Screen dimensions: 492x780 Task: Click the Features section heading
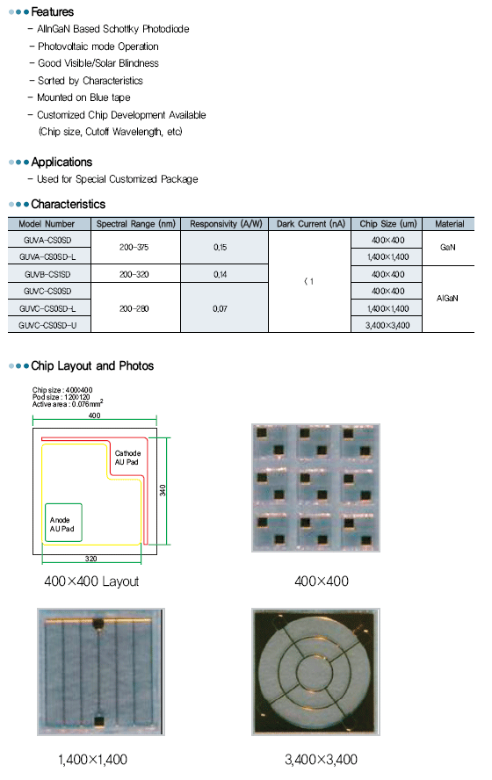[x=52, y=11]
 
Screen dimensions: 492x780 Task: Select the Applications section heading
[x=61, y=162]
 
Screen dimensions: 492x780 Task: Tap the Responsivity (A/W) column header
[x=226, y=224]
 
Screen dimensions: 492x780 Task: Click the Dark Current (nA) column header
[x=310, y=224]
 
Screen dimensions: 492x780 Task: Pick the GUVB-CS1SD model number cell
[x=47, y=274]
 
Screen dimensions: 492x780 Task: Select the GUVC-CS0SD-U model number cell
[x=47, y=325]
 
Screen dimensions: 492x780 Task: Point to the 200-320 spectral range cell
[x=134, y=274]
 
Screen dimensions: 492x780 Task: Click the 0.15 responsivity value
[x=220, y=247]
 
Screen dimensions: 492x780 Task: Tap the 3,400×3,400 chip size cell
[x=387, y=325]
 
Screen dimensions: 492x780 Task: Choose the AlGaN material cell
[x=447, y=299]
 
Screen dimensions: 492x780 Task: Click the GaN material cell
[x=448, y=247]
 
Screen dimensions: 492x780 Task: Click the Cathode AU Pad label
[x=127, y=458]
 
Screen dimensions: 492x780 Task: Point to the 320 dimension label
[x=91, y=559]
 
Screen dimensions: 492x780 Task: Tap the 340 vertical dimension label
[x=163, y=490]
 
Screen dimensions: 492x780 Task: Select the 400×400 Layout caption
[x=91, y=581]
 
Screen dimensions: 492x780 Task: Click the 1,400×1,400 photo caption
[x=92, y=760]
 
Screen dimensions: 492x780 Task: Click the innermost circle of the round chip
[x=314, y=673]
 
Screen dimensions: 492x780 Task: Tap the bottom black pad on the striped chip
[x=99, y=721]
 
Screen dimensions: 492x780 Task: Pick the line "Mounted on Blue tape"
[x=83, y=97]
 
